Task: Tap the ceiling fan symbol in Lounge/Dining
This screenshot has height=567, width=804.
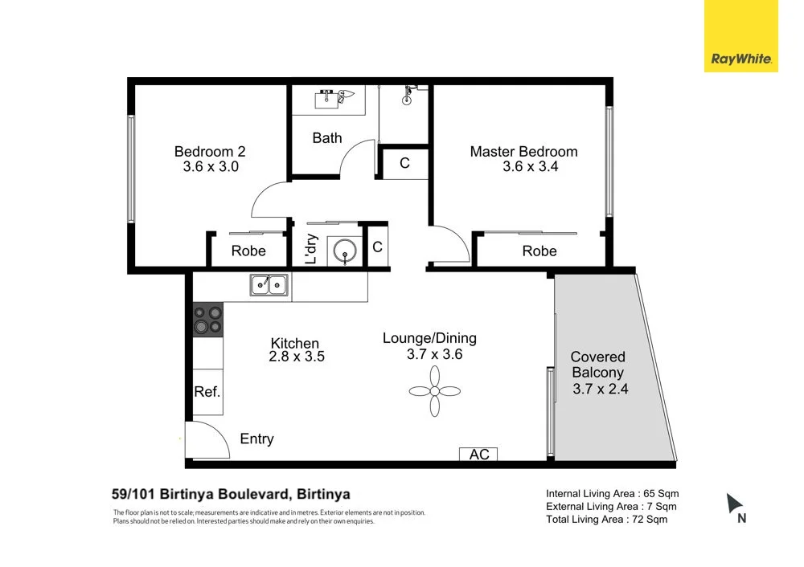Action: pyautogui.click(x=435, y=392)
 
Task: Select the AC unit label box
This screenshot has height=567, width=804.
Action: pyautogui.click(x=479, y=455)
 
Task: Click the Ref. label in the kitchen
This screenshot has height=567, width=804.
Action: pyautogui.click(x=207, y=392)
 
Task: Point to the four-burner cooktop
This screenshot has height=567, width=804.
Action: pyautogui.click(x=207, y=320)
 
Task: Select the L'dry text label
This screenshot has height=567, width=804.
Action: pyautogui.click(x=311, y=249)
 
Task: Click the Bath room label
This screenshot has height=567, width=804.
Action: pyautogui.click(x=326, y=138)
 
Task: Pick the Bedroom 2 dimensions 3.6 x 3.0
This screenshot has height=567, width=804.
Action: pyautogui.click(x=210, y=167)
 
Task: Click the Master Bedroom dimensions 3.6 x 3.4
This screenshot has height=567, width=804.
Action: pyautogui.click(x=530, y=167)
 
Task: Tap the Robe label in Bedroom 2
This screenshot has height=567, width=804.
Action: pyautogui.click(x=248, y=251)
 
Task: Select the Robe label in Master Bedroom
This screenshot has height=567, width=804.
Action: pyautogui.click(x=539, y=251)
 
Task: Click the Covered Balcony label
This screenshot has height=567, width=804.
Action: pyautogui.click(x=597, y=365)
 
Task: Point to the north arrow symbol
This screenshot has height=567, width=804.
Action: pyautogui.click(x=734, y=504)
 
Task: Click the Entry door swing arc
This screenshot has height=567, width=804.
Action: pyautogui.click(x=205, y=438)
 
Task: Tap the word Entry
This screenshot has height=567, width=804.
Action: pyautogui.click(x=256, y=439)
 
